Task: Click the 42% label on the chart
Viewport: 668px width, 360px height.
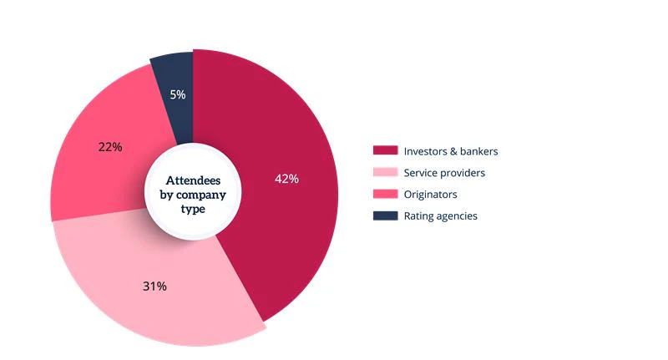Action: pyautogui.click(x=286, y=179)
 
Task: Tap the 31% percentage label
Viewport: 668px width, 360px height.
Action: pyautogui.click(x=154, y=286)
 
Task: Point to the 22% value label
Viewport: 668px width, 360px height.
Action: pyautogui.click(x=110, y=147)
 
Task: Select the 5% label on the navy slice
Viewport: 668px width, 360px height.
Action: pyautogui.click(x=177, y=95)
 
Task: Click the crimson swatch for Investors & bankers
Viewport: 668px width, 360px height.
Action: pyautogui.click(x=384, y=151)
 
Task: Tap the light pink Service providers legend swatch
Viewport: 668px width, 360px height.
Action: pyautogui.click(x=384, y=173)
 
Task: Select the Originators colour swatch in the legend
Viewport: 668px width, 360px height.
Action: pyautogui.click(x=384, y=195)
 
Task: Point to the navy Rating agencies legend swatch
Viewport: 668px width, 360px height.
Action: pyautogui.click(x=384, y=216)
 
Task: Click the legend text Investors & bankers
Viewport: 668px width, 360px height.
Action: pyautogui.click(x=450, y=151)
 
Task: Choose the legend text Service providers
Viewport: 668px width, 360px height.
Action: pyautogui.click(x=444, y=173)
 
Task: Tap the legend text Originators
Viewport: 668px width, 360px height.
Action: pyautogui.click(x=430, y=195)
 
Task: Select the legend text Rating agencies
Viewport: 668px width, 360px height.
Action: pyautogui.click(x=440, y=216)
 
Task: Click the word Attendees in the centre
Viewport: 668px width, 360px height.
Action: pyautogui.click(x=194, y=180)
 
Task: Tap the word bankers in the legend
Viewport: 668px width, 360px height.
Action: pyautogui.click(x=478, y=151)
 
